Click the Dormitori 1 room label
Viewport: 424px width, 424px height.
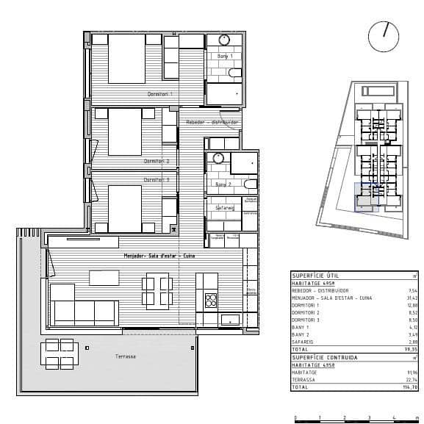159,94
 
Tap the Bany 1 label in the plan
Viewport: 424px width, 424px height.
224,57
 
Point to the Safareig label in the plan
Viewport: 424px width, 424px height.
224,208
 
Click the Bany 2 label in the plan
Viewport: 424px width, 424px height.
224,184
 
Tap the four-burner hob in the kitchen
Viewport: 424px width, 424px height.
211,300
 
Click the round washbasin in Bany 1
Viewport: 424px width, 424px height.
224,40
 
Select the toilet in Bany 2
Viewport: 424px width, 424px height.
251,184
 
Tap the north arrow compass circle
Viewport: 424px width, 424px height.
384,37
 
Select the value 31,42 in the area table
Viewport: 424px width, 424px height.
412,298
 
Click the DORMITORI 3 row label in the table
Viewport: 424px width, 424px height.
309,320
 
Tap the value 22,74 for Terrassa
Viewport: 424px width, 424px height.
412,378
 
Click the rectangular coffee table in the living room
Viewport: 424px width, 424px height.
104,277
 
